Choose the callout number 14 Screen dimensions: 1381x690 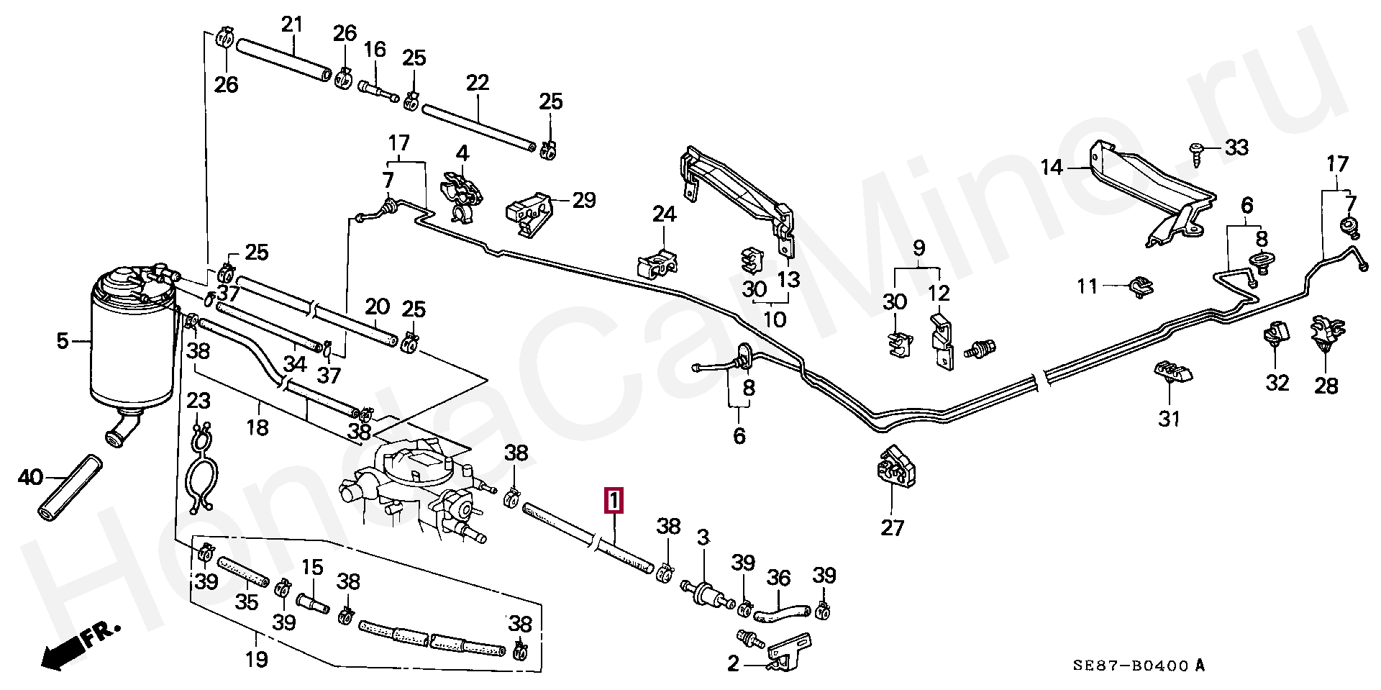[1051, 168]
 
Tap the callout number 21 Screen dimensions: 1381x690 [292, 24]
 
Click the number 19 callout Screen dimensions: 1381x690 [257, 659]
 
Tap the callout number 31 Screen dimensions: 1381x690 [1169, 418]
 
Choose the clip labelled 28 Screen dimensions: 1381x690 [1325, 337]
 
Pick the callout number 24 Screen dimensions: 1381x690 [665, 214]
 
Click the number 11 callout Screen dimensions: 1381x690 [1087, 286]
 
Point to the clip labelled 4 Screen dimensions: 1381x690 [460, 194]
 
